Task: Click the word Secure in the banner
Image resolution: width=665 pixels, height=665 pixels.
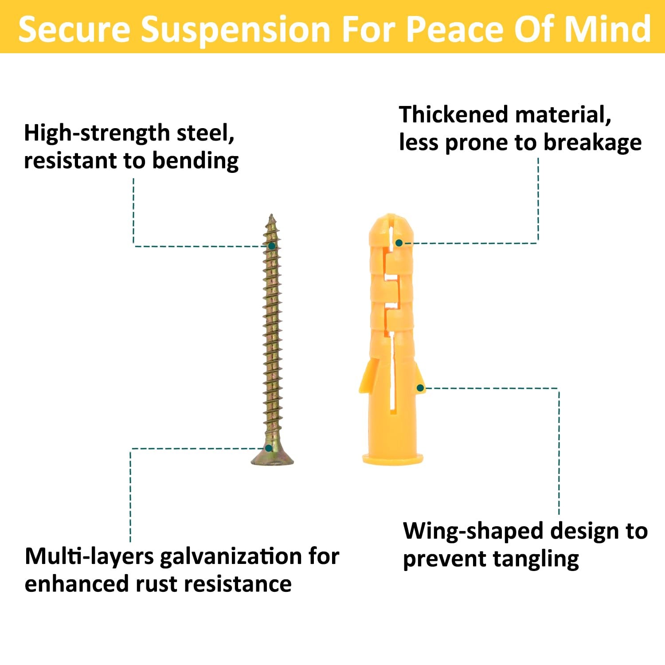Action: point(74,29)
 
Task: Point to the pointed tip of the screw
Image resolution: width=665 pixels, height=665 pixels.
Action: point(271,216)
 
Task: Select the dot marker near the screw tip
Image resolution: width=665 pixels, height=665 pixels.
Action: point(271,246)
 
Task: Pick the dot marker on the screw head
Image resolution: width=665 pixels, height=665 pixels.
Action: point(269,448)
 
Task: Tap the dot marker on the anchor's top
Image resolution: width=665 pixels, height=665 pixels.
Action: point(399,243)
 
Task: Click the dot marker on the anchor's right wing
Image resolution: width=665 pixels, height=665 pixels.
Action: point(420,388)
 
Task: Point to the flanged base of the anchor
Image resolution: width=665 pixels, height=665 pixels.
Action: point(392,459)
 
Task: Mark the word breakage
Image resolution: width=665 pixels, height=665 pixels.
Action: point(593,143)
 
